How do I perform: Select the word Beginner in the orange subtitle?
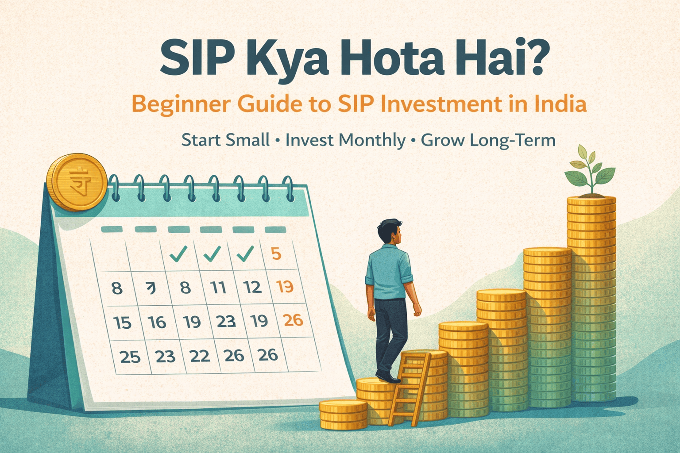(x=181, y=104)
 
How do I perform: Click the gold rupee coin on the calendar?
(x=77, y=182)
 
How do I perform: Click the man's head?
(x=390, y=232)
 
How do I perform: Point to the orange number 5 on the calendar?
(x=276, y=253)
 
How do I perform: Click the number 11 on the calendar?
(x=218, y=288)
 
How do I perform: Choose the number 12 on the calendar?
(x=252, y=288)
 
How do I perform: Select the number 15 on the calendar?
(x=122, y=322)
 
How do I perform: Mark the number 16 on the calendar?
(x=157, y=322)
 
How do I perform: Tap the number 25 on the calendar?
(x=130, y=357)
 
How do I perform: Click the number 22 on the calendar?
(x=199, y=356)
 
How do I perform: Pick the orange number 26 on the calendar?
(x=293, y=319)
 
